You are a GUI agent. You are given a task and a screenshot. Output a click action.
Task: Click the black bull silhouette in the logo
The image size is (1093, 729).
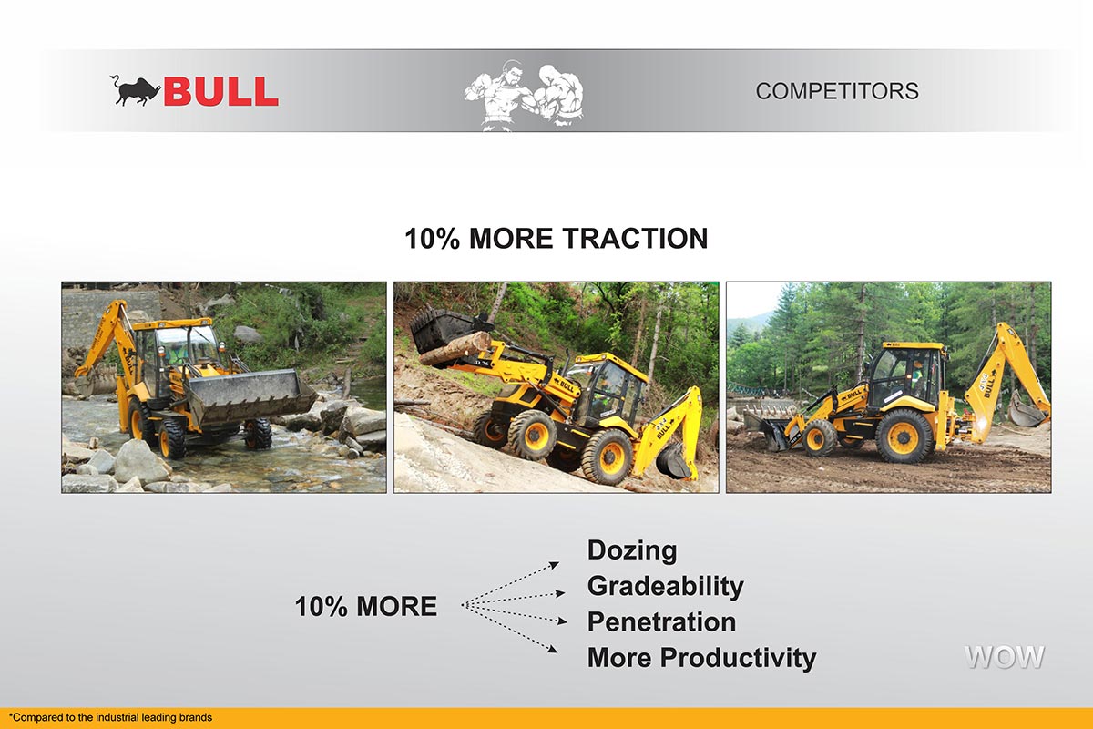(x=135, y=91)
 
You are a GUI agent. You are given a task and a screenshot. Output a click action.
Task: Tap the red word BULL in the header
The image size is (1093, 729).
(x=220, y=91)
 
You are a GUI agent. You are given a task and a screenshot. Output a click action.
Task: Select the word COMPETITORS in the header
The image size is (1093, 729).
(x=837, y=91)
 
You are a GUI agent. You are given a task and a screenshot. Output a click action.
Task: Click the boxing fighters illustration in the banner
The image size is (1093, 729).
(x=524, y=95)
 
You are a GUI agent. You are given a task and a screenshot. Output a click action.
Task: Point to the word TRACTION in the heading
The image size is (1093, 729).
(x=635, y=238)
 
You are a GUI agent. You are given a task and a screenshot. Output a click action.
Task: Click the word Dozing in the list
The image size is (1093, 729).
(x=632, y=550)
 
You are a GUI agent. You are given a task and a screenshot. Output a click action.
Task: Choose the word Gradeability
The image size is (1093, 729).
(x=666, y=587)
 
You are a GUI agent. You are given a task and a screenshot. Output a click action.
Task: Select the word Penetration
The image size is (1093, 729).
(x=661, y=622)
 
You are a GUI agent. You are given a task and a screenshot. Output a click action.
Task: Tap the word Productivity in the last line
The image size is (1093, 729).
(x=738, y=658)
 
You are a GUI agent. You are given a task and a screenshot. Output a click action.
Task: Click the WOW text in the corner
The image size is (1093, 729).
(x=1004, y=657)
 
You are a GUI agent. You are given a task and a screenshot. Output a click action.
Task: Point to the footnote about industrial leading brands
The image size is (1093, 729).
(x=110, y=717)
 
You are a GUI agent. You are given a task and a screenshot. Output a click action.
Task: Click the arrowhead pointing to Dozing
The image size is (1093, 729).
(x=555, y=565)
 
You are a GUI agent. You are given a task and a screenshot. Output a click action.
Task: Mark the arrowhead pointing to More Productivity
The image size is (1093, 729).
(x=553, y=649)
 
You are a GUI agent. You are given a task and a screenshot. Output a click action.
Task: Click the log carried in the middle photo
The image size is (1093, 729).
(x=455, y=349)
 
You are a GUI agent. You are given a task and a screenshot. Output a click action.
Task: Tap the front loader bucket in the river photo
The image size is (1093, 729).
(x=250, y=397)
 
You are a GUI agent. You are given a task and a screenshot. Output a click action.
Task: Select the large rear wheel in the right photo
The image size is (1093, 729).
(x=904, y=436)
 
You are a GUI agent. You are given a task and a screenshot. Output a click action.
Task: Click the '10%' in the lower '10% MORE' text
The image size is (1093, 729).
(x=321, y=607)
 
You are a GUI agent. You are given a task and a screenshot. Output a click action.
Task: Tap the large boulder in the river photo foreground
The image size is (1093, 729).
(x=141, y=461)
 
